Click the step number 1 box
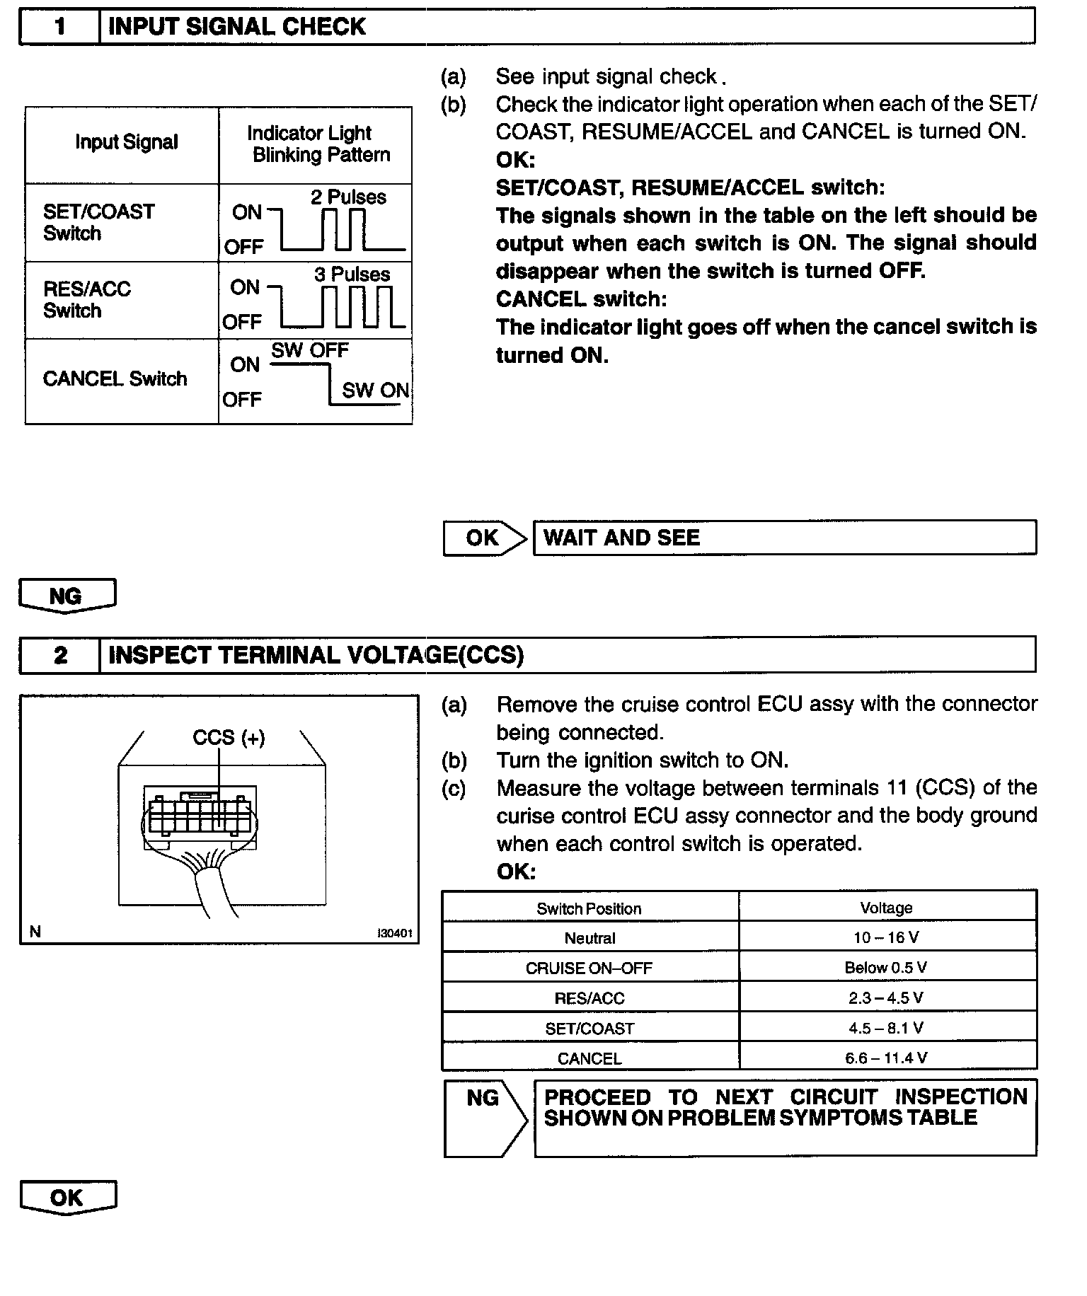(x=59, y=28)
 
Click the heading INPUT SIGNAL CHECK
(x=236, y=28)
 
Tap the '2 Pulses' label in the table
(x=348, y=197)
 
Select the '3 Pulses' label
(x=352, y=274)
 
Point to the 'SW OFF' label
(x=310, y=350)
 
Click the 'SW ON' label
(x=375, y=390)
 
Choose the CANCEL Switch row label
(x=115, y=379)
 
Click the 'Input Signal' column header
(x=127, y=142)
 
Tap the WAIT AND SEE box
(x=784, y=538)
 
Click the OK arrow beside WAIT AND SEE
(x=485, y=538)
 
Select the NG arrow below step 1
(x=67, y=596)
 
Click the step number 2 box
(x=60, y=655)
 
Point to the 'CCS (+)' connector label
(x=229, y=738)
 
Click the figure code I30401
(x=394, y=933)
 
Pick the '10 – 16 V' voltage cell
(x=886, y=938)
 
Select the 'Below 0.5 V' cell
(x=886, y=968)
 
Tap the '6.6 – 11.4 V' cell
(x=886, y=1058)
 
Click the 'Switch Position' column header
(x=589, y=909)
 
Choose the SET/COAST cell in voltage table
(x=589, y=1029)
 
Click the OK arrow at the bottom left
(x=67, y=1198)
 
